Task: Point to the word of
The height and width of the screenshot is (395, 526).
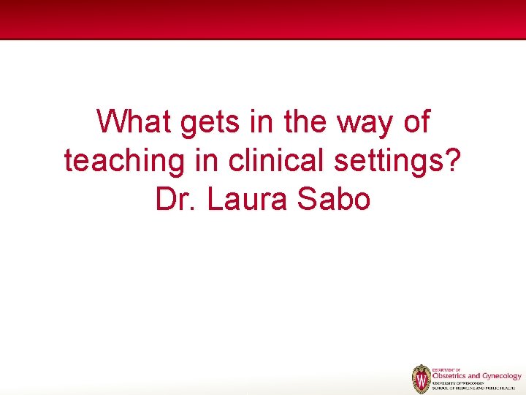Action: pyautogui.click(x=416, y=121)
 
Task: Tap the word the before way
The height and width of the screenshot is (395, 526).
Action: pyautogui.click(x=308, y=121)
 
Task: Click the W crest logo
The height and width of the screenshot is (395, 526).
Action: pyautogui.click(x=421, y=379)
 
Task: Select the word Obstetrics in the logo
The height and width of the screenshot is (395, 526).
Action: pyautogui.click(x=449, y=376)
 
